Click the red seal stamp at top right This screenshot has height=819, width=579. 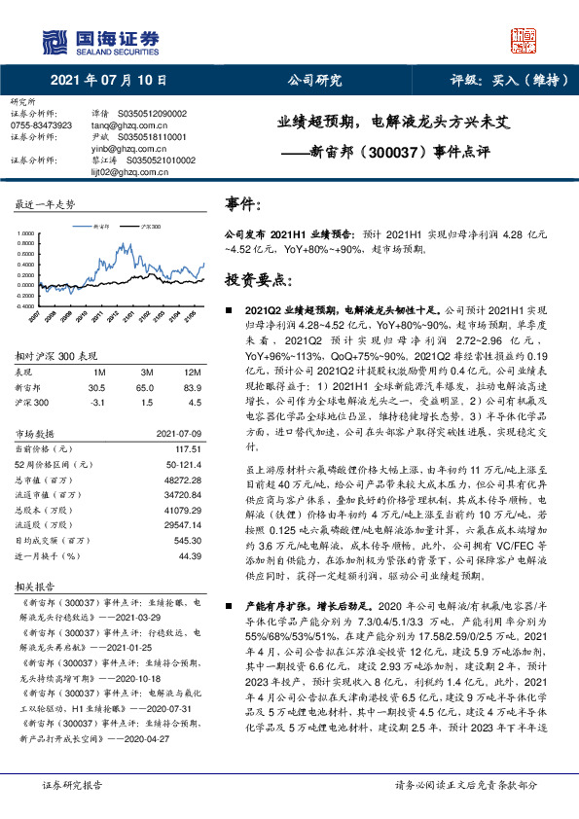tap(523, 42)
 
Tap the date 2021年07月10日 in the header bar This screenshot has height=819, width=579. tap(107, 82)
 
